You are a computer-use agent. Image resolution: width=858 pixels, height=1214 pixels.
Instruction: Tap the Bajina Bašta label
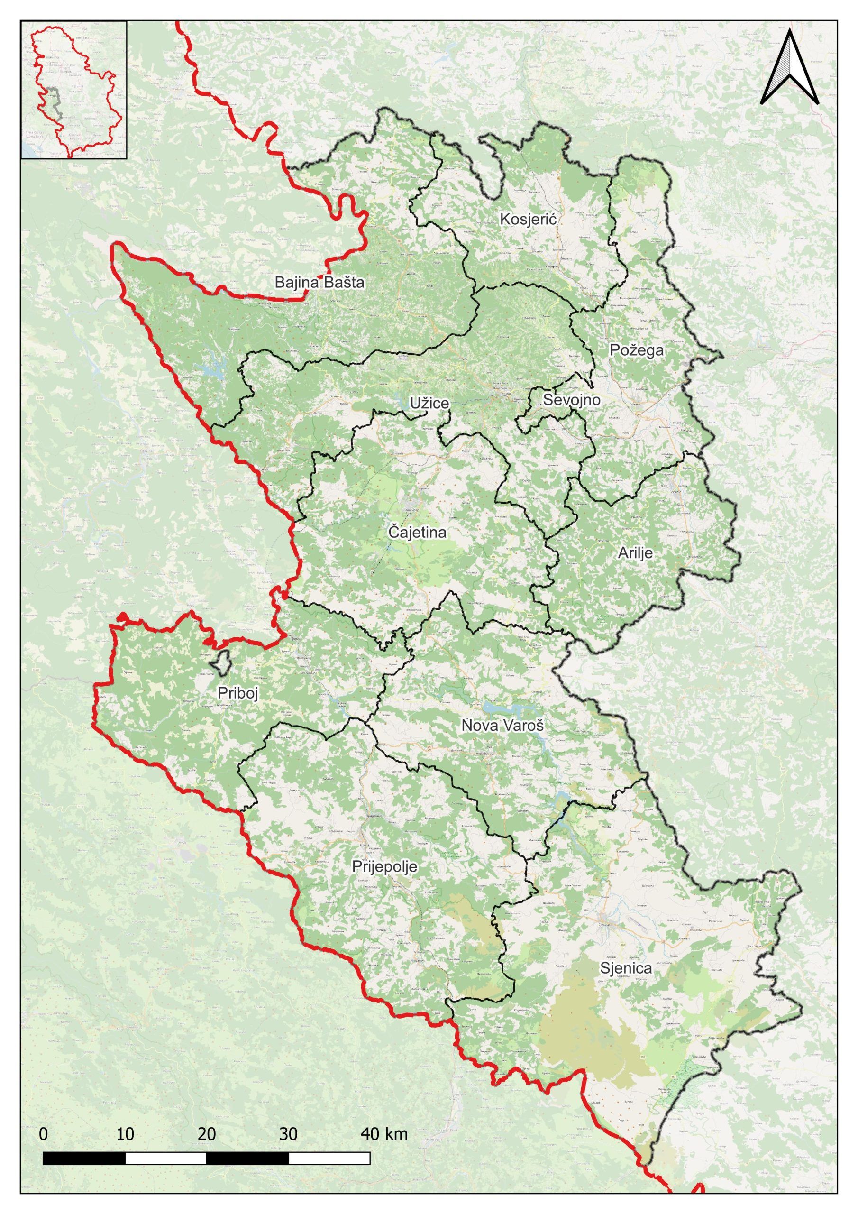319,282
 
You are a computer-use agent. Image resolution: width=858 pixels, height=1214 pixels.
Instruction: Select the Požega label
637,349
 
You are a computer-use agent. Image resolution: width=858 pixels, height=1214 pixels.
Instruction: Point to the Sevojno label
572,400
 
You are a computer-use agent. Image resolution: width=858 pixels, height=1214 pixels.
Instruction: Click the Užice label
429,404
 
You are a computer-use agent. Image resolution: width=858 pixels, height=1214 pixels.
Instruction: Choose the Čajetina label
417,533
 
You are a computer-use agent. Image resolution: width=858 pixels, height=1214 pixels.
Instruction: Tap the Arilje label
635,553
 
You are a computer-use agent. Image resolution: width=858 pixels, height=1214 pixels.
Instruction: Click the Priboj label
238,694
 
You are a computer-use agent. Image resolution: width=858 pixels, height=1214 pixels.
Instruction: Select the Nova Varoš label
502,726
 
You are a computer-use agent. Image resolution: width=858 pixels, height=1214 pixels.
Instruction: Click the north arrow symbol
789,68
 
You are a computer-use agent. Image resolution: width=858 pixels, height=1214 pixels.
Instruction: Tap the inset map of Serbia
74,90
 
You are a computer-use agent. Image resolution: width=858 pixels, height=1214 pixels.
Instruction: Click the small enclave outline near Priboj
220,662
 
